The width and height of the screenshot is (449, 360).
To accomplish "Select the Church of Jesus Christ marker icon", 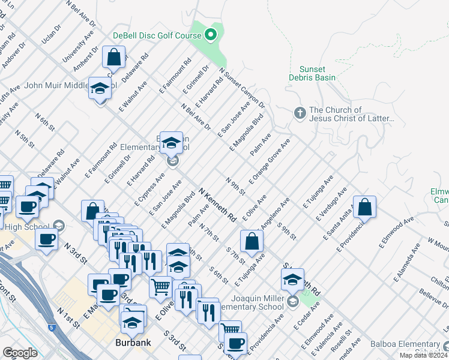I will pyautogui.click(x=300, y=113).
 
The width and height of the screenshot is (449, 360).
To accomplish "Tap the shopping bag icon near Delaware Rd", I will pyautogui.click(x=114, y=58).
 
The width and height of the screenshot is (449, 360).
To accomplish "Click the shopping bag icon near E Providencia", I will pyautogui.click(x=364, y=208).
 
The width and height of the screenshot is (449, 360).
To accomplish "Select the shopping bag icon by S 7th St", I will pyautogui.click(x=252, y=242).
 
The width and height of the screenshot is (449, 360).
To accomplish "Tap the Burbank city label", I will pyautogui.click(x=133, y=343).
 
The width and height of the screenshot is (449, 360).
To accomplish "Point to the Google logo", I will pyautogui.click(x=20, y=352).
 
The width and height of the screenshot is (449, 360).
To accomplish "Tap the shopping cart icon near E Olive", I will pyautogui.click(x=161, y=287).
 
